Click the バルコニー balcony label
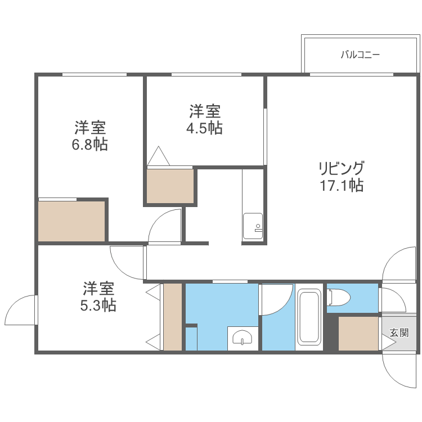[x=360, y=55]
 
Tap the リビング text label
[x=341, y=168]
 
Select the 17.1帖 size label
[x=341, y=185]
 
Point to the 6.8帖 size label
[x=90, y=145]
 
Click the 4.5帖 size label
[x=204, y=128]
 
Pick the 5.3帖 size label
[x=99, y=306]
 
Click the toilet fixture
[x=339, y=297]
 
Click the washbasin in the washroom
[x=243, y=337]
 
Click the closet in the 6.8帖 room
[x=71, y=221]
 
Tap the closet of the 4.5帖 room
[x=170, y=186]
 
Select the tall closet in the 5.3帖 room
[x=173, y=317]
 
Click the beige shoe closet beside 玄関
[x=358, y=334]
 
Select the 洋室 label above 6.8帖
[x=90, y=128]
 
